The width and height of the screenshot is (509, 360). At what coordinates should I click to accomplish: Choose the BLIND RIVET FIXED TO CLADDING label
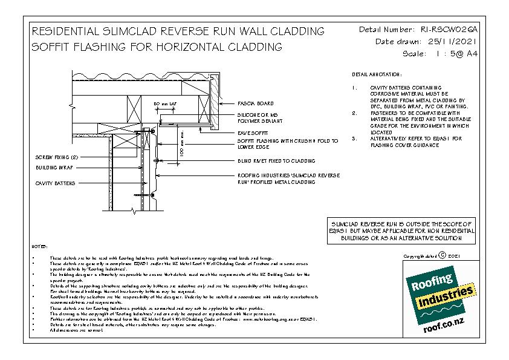(x=275, y=161)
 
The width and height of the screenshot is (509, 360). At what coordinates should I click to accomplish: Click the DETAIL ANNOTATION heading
(x=376, y=74)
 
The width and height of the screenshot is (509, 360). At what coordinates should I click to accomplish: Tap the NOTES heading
(x=38, y=247)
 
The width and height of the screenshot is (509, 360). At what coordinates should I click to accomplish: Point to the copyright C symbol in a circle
(x=442, y=257)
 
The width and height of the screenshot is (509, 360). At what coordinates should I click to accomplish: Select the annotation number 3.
(x=354, y=139)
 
